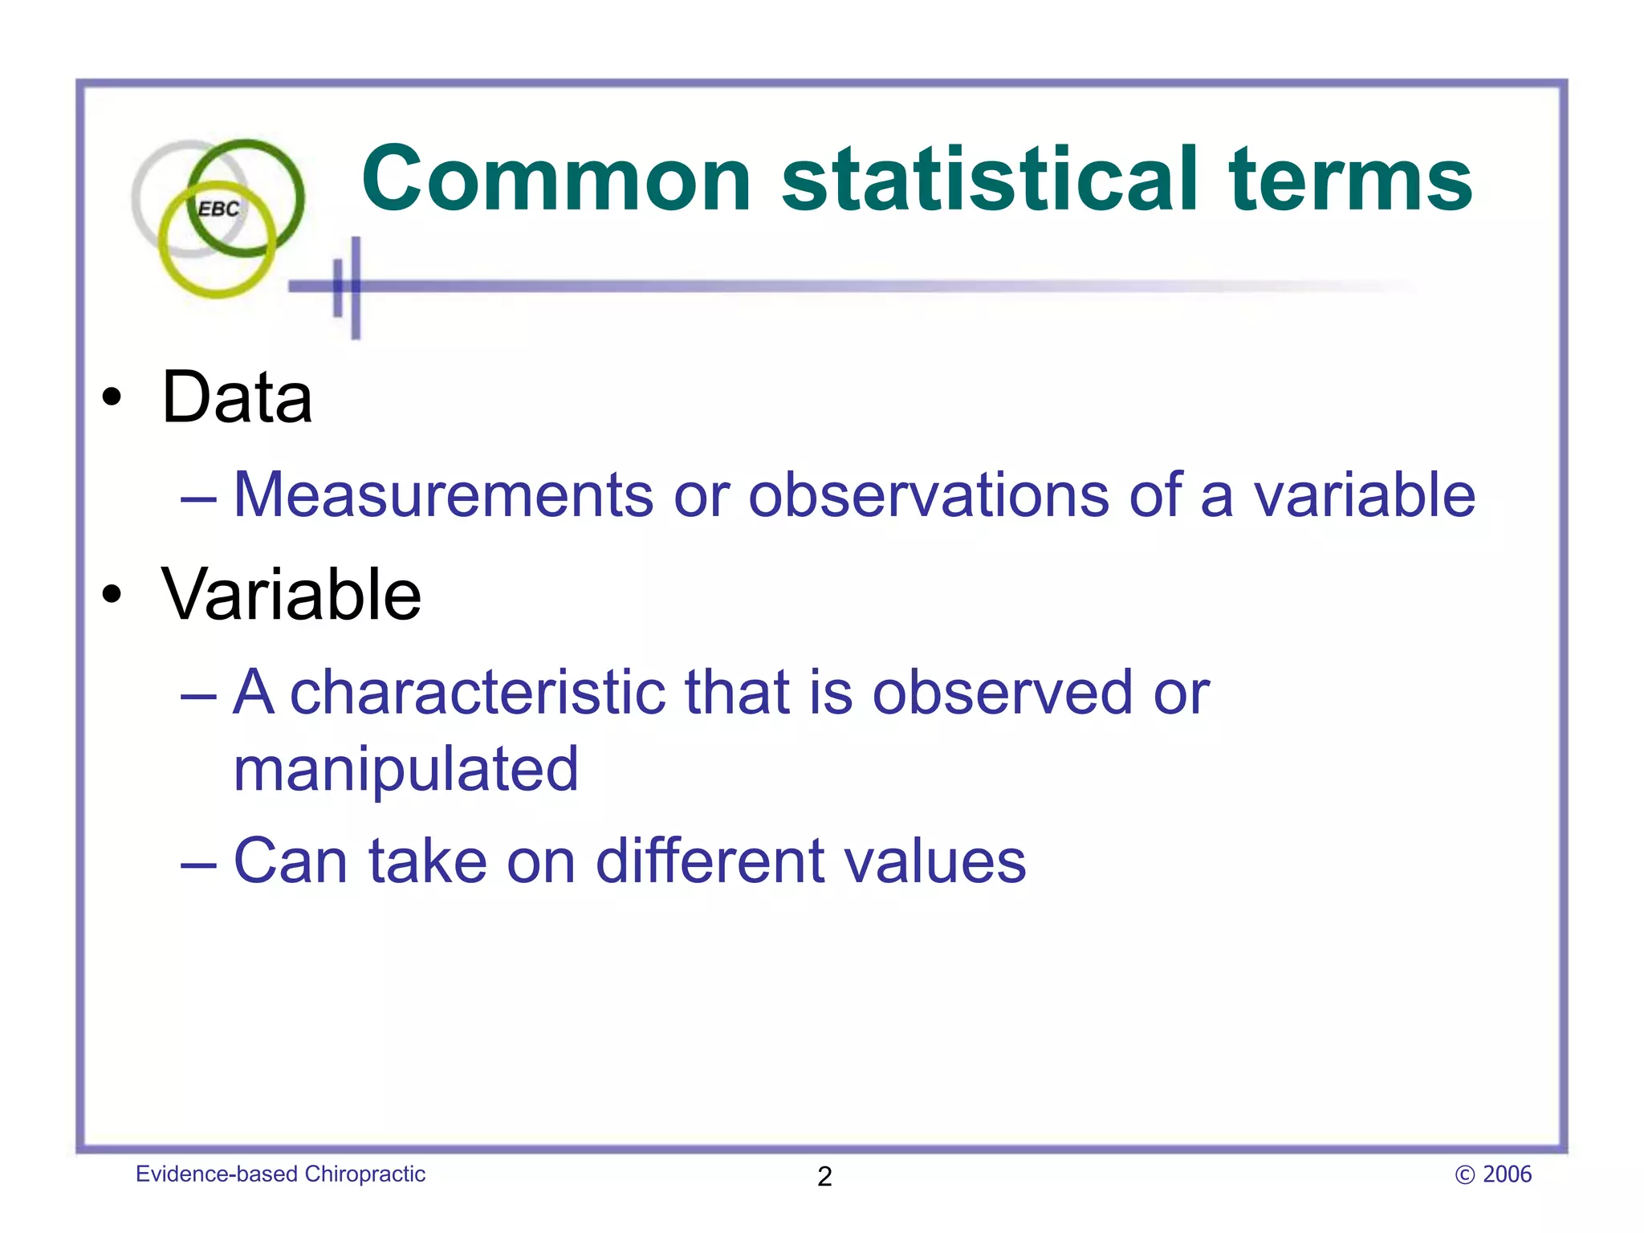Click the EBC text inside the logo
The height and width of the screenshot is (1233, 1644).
(x=218, y=210)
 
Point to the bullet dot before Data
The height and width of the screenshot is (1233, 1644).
(x=112, y=397)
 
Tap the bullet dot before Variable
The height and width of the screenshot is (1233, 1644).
(x=112, y=595)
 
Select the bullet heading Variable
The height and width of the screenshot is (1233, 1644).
(x=291, y=595)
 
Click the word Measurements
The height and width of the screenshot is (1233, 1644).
(x=443, y=494)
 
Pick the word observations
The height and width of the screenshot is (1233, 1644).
(x=928, y=494)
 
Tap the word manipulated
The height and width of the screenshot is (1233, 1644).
(x=405, y=769)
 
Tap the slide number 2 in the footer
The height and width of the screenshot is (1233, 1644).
(x=824, y=1176)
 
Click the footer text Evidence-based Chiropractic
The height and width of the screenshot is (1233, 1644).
(x=280, y=1174)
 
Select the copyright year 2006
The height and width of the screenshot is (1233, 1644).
(x=1507, y=1174)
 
